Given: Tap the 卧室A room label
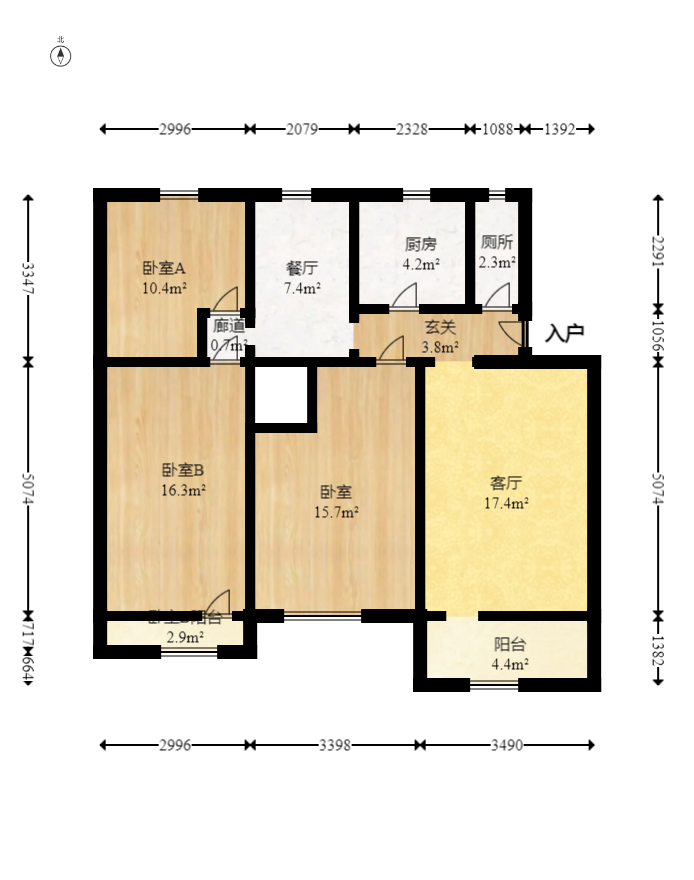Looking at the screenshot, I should pyautogui.click(x=164, y=268).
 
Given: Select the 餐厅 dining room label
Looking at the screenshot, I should pyautogui.click(x=302, y=268).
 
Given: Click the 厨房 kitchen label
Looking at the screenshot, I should pyautogui.click(x=420, y=244).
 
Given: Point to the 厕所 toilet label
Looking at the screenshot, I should pyautogui.click(x=497, y=242).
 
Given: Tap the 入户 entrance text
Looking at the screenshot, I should pyautogui.click(x=565, y=334).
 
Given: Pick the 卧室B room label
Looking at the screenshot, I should pyautogui.click(x=183, y=469).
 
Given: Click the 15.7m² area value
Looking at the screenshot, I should pyautogui.click(x=337, y=512).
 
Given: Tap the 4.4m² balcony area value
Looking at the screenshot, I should pyautogui.click(x=511, y=663).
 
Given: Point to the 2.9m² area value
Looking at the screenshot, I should pyautogui.click(x=185, y=637).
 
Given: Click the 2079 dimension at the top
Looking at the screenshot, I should pyautogui.click(x=302, y=129).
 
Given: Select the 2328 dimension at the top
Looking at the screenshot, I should pyautogui.click(x=411, y=129).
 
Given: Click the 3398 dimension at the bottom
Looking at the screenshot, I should pyautogui.click(x=335, y=745).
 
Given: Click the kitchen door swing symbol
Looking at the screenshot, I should pyautogui.click(x=405, y=296).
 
